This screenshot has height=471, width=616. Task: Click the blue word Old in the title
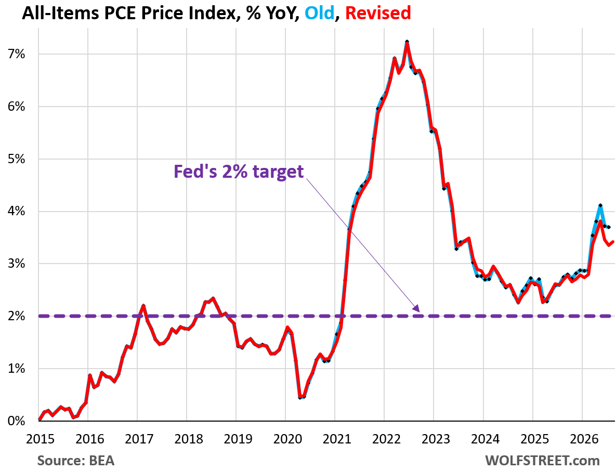(x=319, y=13)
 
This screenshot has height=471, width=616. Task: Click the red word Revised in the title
(x=378, y=13)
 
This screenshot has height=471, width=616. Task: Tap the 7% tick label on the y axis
(x=16, y=54)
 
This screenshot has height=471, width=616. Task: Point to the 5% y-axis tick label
(x=16, y=159)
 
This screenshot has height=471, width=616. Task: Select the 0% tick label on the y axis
(x=16, y=421)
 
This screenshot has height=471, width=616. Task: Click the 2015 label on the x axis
(x=40, y=439)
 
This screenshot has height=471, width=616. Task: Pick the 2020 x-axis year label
(x=287, y=439)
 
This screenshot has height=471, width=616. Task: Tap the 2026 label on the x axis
(x=584, y=439)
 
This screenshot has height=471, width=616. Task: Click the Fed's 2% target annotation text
(x=239, y=172)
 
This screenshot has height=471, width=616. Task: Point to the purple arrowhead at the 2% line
(x=417, y=309)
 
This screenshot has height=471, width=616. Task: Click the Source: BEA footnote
(x=76, y=461)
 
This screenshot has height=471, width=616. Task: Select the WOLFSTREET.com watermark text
(x=543, y=461)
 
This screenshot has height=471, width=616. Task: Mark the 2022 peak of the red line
(x=407, y=42)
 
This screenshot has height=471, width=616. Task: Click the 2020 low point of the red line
(x=300, y=398)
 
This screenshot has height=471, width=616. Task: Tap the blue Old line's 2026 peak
(x=600, y=205)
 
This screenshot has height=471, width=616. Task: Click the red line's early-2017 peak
(x=143, y=306)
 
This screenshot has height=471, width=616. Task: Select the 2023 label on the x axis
(x=436, y=439)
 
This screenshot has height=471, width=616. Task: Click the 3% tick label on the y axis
(x=16, y=264)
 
